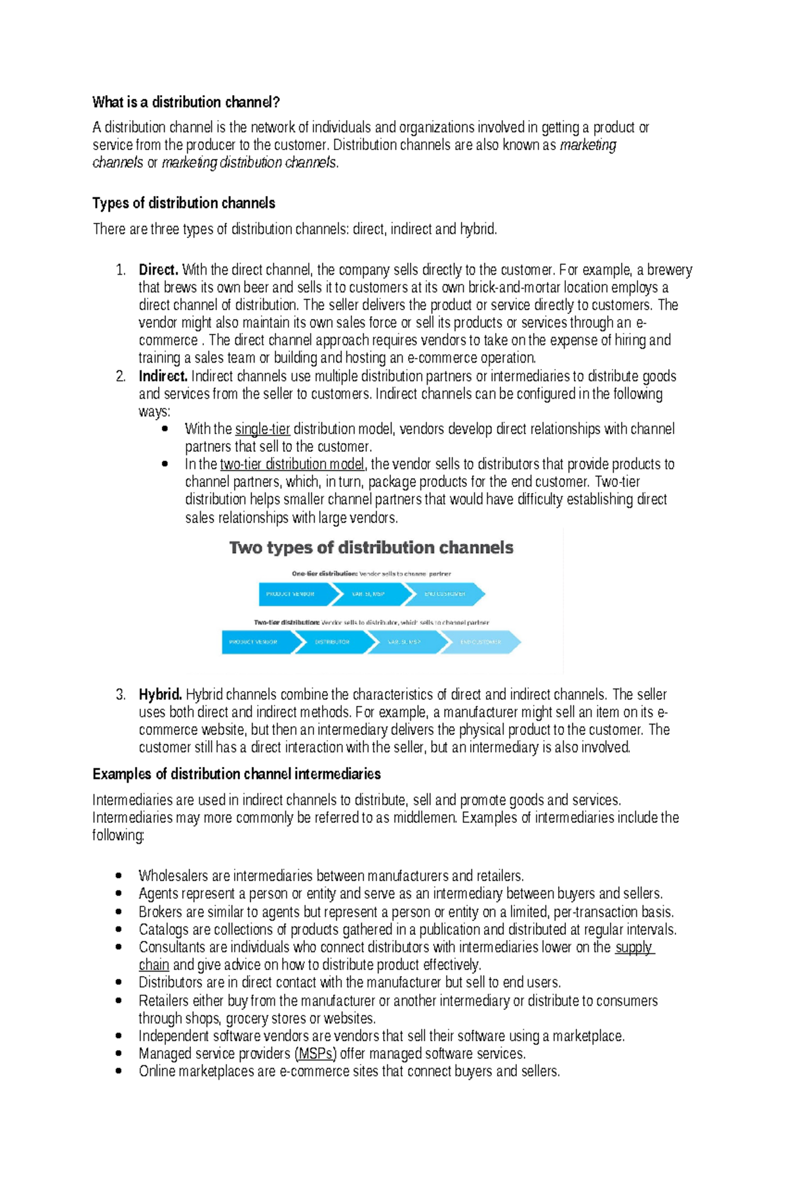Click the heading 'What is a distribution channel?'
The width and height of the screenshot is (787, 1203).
tap(186, 102)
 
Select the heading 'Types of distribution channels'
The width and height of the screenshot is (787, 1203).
tap(184, 203)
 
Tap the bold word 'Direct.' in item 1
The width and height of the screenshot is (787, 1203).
tap(158, 269)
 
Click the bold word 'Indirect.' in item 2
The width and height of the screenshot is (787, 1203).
tap(163, 376)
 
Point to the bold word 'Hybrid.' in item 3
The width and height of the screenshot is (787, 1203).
tap(160, 694)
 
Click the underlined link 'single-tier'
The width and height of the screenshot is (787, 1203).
tap(262, 429)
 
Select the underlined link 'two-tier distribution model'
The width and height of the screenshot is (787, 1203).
tap(293, 464)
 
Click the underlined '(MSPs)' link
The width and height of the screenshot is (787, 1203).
tap(315, 1054)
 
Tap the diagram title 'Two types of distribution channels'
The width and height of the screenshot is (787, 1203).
tap(371, 547)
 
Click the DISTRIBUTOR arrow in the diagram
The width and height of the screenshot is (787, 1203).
tap(332, 642)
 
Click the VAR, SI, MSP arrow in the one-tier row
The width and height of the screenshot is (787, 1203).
tap(369, 594)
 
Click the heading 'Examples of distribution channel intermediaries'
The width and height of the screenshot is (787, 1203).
tap(236, 774)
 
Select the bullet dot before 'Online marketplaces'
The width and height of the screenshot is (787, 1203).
tap(119, 1071)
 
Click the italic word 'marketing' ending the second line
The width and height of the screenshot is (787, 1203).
tap(588, 145)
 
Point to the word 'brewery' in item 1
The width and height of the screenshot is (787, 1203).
tap(670, 269)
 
